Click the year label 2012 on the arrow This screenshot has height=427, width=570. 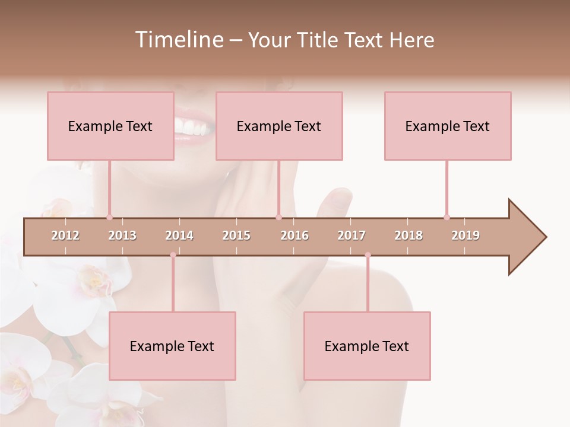point(65,235)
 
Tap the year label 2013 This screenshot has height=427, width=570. point(122,235)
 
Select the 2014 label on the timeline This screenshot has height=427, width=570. point(179,235)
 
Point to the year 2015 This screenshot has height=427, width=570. point(236,235)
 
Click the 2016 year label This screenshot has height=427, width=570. point(294,235)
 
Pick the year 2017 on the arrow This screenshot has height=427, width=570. point(351,235)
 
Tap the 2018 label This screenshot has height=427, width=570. point(408,235)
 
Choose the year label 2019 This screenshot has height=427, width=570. point(465,235)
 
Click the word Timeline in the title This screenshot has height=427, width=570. point(178,40)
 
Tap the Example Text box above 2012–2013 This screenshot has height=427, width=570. point(110,126)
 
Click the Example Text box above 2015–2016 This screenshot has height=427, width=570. point(279,126)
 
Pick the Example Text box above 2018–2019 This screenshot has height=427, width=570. point(448,126)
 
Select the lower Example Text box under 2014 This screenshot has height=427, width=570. point(172,346)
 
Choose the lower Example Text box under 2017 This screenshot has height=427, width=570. point(367,346)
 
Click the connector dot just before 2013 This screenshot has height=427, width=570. point(109,217)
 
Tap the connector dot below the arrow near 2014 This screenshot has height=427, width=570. point(173,255)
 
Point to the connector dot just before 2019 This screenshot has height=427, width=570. point(446,217)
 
